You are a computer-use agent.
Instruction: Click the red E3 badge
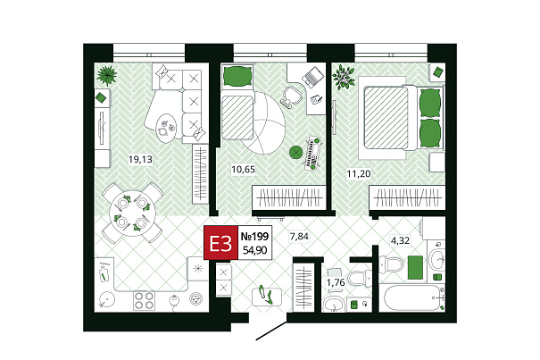(220, 242)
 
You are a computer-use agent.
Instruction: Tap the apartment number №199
(254, 236)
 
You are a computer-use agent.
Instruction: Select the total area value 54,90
(255, 249)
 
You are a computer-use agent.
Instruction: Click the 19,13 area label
(140, 159)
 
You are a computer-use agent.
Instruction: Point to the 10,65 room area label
(243, 170)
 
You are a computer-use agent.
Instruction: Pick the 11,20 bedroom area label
(359, 174)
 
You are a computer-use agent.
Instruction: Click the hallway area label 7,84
(299, 237)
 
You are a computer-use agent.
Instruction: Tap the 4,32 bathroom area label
(400, 240)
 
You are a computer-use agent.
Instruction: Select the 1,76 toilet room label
(336, 283)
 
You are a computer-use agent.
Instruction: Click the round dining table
(132, 213)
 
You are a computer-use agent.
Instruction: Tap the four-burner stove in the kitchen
(144, 300)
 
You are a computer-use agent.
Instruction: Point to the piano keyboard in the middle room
(312, 153)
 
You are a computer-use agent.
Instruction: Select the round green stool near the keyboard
(295, 152)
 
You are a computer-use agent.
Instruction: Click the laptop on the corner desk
(313, 77)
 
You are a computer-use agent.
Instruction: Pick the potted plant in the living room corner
(106, 76)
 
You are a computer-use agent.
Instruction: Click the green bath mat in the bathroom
(415, 267)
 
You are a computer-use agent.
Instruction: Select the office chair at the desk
(291, 96)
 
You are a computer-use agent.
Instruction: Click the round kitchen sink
(107, 299)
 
